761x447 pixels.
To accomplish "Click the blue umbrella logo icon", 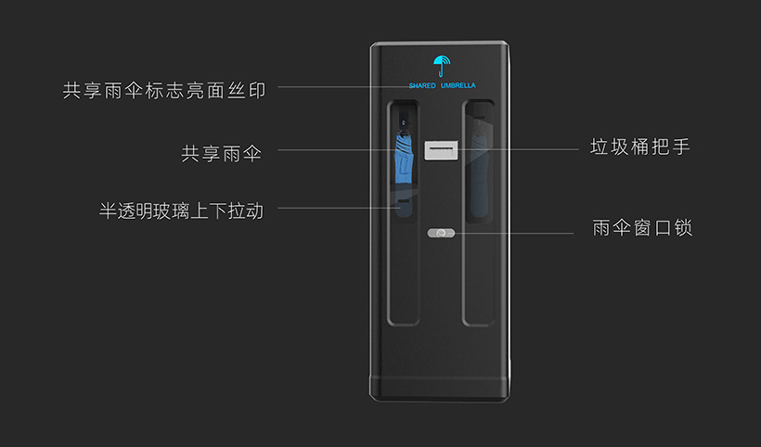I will tap(440, 65).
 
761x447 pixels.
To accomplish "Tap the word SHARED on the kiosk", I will tap(422, 85).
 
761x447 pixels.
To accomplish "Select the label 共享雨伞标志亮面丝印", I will tap(164, 91).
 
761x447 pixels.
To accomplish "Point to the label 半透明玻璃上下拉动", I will tap(181, 211).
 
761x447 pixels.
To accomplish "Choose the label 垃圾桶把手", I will tap(640, 147).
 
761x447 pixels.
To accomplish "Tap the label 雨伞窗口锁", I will tap(642, 228).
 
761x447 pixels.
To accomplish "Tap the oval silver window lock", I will tap(440, 234).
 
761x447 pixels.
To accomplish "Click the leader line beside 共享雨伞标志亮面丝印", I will tap(334, 87).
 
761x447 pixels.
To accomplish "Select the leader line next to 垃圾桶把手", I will tap(520, 148).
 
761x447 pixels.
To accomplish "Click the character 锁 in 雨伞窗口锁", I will tap(683, 228).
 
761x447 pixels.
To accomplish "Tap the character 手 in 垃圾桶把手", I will tap(682, 147).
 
